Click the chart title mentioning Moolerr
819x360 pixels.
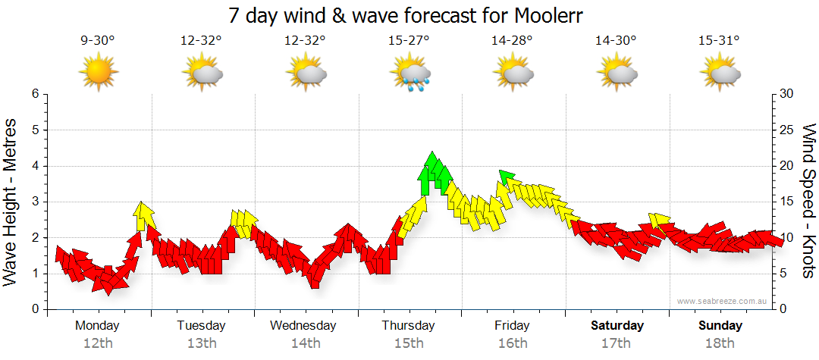(409, 15)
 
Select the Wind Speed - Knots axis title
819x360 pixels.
(808, 201)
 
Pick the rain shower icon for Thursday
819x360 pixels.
(409, 74)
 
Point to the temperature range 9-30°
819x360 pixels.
(98, 41)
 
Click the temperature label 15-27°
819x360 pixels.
(409, 41)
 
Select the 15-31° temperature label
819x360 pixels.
(720, 41)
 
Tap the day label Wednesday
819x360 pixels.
(303, 326)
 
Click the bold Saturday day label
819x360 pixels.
(617, 326)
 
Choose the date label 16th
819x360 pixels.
(513, 343)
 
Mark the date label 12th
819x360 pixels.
(98, 343)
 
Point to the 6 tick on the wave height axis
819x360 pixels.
(35, 94)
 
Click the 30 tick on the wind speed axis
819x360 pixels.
(787, 94)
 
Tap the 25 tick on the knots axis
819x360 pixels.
(787, 130)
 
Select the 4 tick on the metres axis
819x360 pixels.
(35, 166)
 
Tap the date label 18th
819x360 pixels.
(720, 343)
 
